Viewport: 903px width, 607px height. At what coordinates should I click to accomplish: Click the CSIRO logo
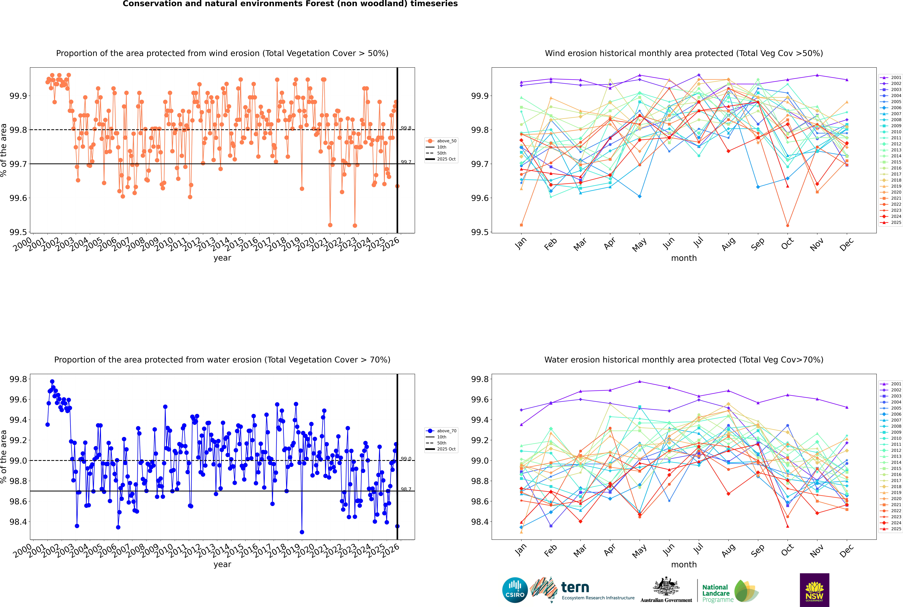(x=515, y=590)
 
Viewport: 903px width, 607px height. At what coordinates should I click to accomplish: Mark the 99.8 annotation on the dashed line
(x=406, y=128)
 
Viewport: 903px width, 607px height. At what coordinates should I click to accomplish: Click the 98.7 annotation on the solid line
(x=406, y=489)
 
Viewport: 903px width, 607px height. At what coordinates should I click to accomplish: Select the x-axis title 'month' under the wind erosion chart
(x=683, y=258)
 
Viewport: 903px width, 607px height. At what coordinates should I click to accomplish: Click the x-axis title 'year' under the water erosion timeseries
(x=222, y=564)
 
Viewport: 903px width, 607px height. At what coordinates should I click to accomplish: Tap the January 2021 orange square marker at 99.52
(x=521, y=225)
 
